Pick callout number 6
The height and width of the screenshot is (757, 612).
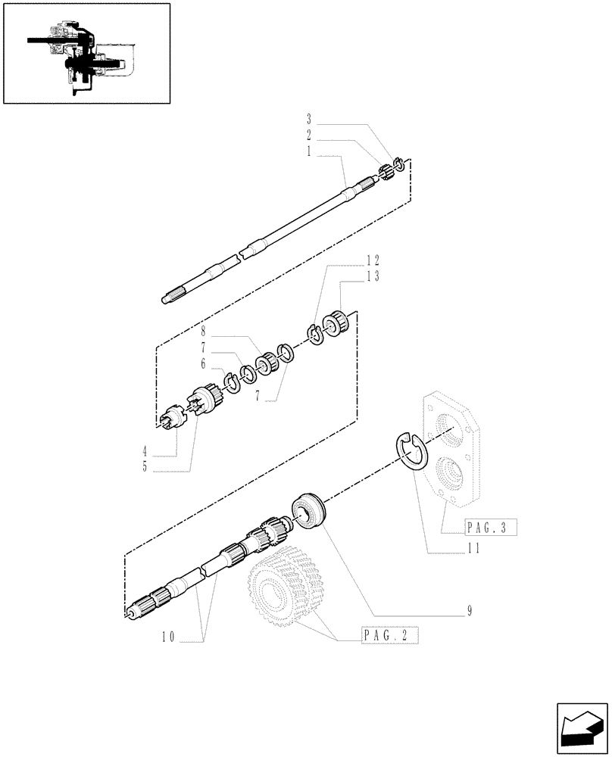(x=203, y=363)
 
